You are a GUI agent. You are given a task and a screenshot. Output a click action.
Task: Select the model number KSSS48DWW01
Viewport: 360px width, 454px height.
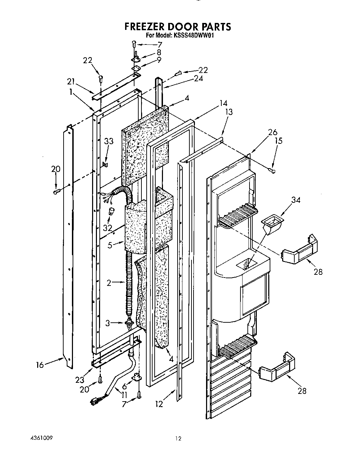click(x=193, y=35)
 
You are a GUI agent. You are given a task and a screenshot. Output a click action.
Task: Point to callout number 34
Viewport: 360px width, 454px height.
click(x=295, y=200)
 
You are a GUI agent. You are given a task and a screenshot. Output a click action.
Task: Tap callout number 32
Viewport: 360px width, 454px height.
click(x=108, y=228)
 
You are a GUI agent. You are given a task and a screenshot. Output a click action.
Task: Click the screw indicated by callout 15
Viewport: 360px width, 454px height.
click(x=271, y=170)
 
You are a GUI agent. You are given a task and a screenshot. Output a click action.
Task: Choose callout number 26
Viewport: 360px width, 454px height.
click(x=273, y=132)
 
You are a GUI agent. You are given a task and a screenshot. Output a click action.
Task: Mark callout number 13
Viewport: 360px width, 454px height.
click(x=229, y=112)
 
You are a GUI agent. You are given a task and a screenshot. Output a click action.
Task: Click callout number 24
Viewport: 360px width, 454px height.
click(x=198, y=79)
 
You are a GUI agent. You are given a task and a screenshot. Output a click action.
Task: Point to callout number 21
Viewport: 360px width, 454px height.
click(x=71, y=82)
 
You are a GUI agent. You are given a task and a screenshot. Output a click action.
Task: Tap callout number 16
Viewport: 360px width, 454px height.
click(x=40, y=365)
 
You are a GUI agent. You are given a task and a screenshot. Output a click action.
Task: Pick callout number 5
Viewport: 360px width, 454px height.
click(x=110, y=245)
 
